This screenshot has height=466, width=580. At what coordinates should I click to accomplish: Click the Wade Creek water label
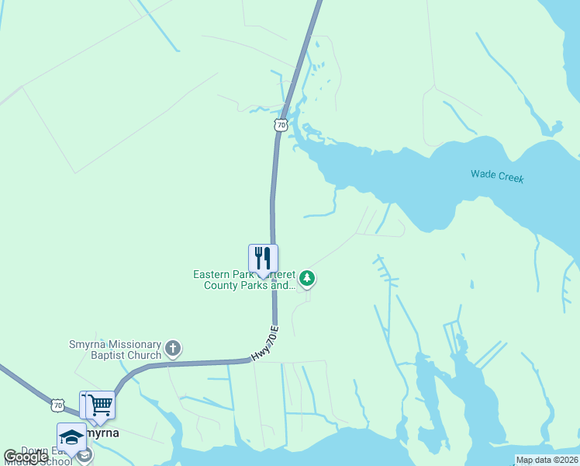pyautogui.click(x=497, y=176)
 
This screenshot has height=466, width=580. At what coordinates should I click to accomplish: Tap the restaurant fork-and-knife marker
pyautogui.click(x=263, y=259)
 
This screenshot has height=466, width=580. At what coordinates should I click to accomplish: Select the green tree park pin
pyautogui.click(x=308, y=277)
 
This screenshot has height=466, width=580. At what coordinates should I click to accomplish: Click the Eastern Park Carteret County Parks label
pyautogui.click(x=244, y=280)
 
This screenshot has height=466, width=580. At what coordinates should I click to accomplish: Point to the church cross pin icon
pyautogui.click(x=173, y=349)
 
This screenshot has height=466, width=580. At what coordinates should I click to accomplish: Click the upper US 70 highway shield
pyautogui.click(x=281, y=124)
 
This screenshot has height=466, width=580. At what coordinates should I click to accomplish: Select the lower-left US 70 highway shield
pyautogui.click(x=57, y=405)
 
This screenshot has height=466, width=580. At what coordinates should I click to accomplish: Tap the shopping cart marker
pyautogui.click(x=100, y=405)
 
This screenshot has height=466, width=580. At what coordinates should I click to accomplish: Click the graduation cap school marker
pyautogui.click(x=71, y=436)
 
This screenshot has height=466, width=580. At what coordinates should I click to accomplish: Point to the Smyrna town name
pyautogui.click(x=102, y=433)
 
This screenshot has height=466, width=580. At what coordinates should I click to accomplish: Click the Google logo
pyautogui.click(x=26, y=457)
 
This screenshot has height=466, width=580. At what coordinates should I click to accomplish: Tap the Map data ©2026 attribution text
pyautogui.click(x=546, y=460)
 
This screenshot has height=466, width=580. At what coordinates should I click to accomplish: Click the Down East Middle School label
pyautogui.click(x=39, y=456)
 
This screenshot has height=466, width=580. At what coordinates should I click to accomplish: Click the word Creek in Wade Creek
pyautogui.click(x=509, y=178)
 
